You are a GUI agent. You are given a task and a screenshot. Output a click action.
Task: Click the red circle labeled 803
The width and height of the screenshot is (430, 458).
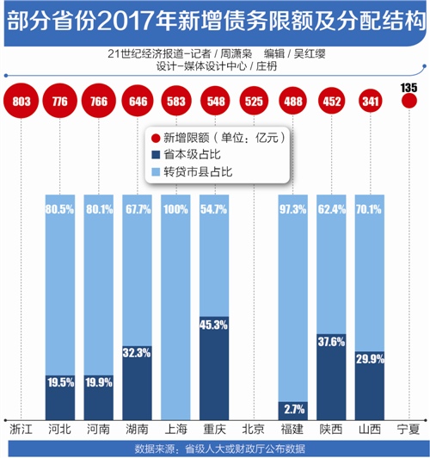pyautogui.click(x=21, y=101)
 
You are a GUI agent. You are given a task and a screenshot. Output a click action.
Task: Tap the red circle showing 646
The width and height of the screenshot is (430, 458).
pyautogui.click(x=138, y=101)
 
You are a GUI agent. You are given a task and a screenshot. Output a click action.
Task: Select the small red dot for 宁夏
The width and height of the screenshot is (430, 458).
pyautogui.click(x=409, y=101)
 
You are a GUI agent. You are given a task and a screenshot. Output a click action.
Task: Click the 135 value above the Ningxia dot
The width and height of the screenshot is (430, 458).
pyautogui.click(x=408, y=88)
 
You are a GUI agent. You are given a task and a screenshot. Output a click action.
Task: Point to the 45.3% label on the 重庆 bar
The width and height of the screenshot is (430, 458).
pyautogui.click(x=213, y=325)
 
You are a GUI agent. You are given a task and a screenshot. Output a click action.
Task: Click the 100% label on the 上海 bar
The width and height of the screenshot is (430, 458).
pyautogui.click(x=175, y=209)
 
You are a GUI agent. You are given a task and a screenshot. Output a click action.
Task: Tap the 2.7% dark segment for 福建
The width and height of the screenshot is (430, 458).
pyautogui.click(x=293, y=411)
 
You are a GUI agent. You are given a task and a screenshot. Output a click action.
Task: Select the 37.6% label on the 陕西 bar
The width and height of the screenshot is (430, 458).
pyautogui.click(x=331, y=342)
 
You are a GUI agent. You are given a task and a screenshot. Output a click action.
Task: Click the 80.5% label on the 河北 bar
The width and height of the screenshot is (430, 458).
pyautogui.click(x=60, y=209)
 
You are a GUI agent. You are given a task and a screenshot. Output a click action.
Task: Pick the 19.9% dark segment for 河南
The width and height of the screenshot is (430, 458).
pyautogui.click(x=99, y=398)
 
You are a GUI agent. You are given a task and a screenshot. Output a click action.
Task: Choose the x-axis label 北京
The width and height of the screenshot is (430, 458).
pyautogui.click(x=253, y=429)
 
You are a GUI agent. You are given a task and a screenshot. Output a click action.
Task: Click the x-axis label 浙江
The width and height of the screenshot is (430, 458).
pyautogui.click(x=21, y=429)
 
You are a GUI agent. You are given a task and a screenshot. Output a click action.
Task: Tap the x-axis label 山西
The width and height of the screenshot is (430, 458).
pyautogui.click(x=370, y=429)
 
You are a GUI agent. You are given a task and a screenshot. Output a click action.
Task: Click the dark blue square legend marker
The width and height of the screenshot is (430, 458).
pyautogui.click(x=156, y=154)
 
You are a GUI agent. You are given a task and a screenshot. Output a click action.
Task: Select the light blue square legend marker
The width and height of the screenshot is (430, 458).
pyautogui.click(x=156, y=172)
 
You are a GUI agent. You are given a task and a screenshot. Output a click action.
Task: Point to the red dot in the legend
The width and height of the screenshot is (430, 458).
pyautogui.click(x=156, y=138)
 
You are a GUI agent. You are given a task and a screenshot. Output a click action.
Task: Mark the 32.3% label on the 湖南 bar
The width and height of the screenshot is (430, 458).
pyautogui.click(x=137, y=353)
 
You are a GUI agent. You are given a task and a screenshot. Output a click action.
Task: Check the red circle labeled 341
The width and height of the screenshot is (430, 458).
pyautogui.click(x=370, y=101)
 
